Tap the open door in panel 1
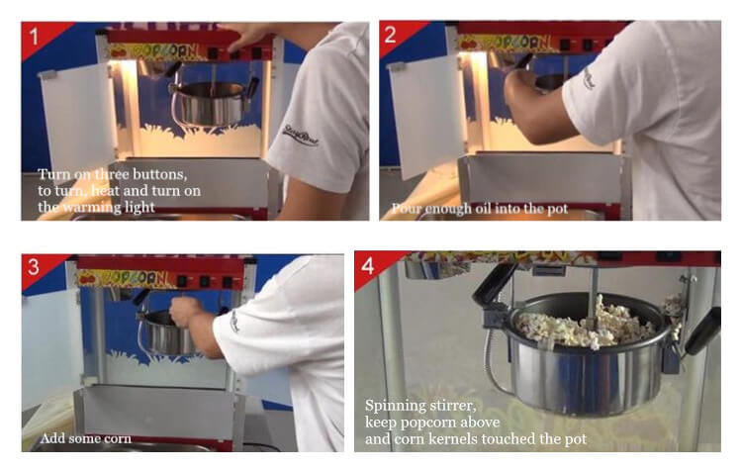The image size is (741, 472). tap(79, 120)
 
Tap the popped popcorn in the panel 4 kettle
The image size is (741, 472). tap(584, 324)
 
